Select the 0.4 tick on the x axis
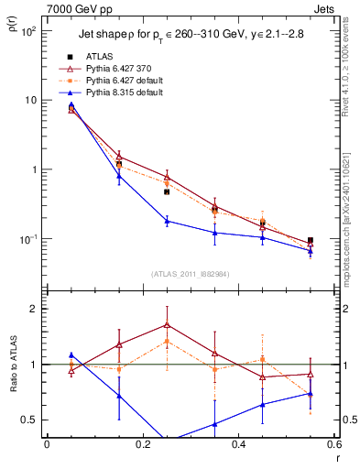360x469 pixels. point(238,446)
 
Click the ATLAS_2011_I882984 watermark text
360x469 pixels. point(191,273)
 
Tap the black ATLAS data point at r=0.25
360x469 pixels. point(167,191)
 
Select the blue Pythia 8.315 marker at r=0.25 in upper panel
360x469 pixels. point(167,221)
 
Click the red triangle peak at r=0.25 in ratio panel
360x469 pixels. point(167,324)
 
